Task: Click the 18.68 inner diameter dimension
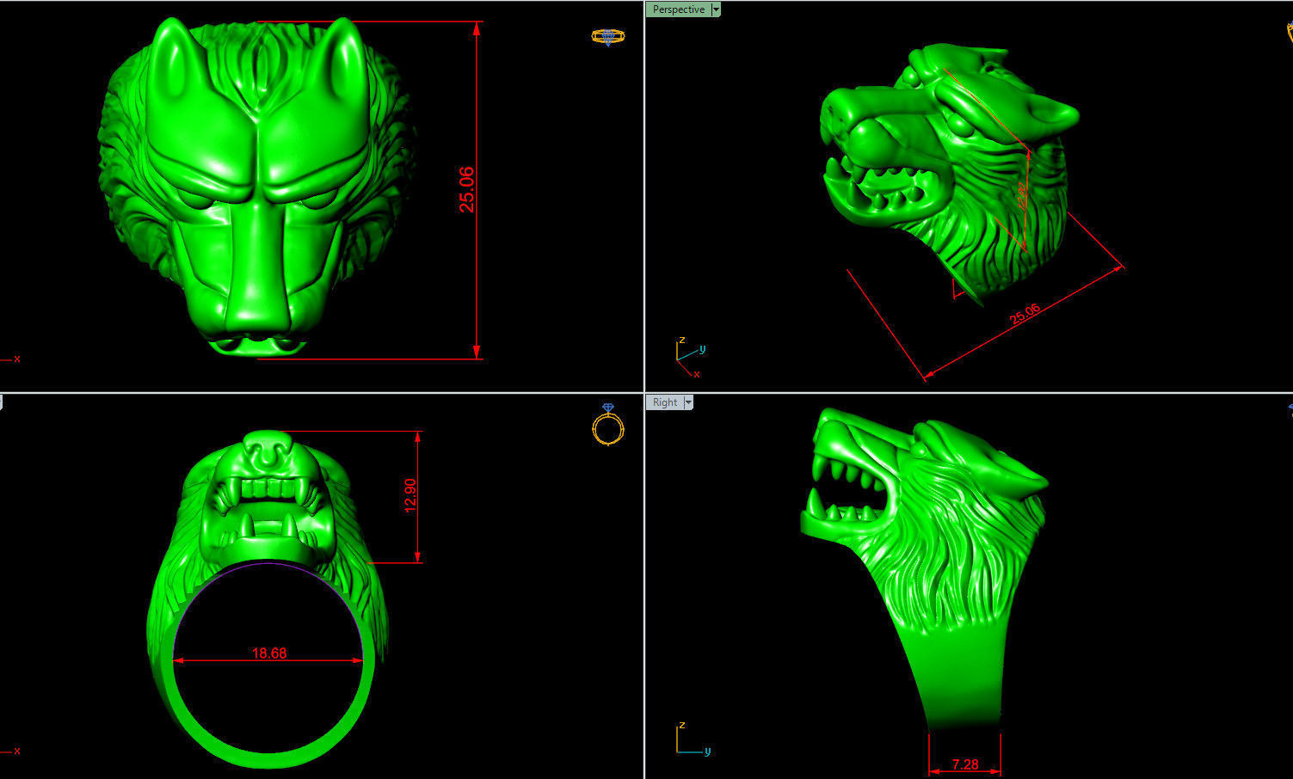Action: tap(268, 653)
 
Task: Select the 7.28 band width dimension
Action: tap(964, 764)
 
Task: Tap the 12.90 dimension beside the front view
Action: tap(410, 495)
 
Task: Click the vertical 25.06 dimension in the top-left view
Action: tap(466, 189)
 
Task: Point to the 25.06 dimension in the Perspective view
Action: tap(1024, 315)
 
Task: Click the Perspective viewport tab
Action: tap(678, 9)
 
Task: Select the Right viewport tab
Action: tap(664, 402)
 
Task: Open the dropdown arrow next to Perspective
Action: tap(716, 9)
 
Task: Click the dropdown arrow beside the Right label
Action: tap(688, 402)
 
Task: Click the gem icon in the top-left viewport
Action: tap(607, 36)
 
